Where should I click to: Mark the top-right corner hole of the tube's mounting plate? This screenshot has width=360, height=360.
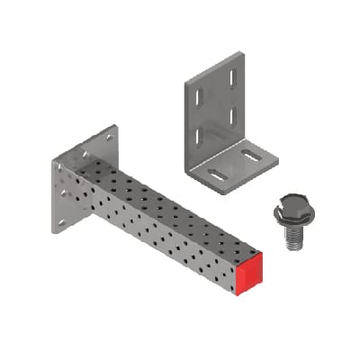click(110, 138)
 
